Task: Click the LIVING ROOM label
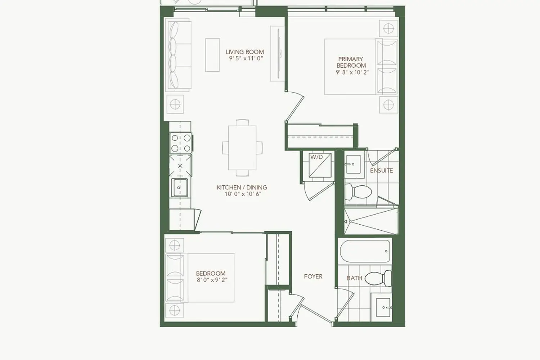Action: coord(245,52)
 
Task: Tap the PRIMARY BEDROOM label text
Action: coord(351,62)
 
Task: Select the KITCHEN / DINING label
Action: coord(242,187)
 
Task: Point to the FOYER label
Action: coord(313,276)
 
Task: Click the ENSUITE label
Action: coord(381,171)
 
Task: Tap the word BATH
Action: coord(354,278)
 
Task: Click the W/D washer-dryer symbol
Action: coord(320,165)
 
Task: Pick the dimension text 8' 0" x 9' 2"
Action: coord(212,280)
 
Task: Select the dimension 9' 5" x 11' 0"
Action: coord(246,58)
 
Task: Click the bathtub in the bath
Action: coord(365,251)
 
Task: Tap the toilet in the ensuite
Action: coord(358,192)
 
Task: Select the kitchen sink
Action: coord(179,188)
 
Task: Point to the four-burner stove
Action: coord(181,143)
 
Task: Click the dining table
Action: coord(242,148)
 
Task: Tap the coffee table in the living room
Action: coord(212,55)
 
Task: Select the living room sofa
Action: coord(178,55)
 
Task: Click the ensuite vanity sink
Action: coord(354,165)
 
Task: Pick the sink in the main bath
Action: coord(383,307)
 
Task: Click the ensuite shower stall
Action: coord(371,221)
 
